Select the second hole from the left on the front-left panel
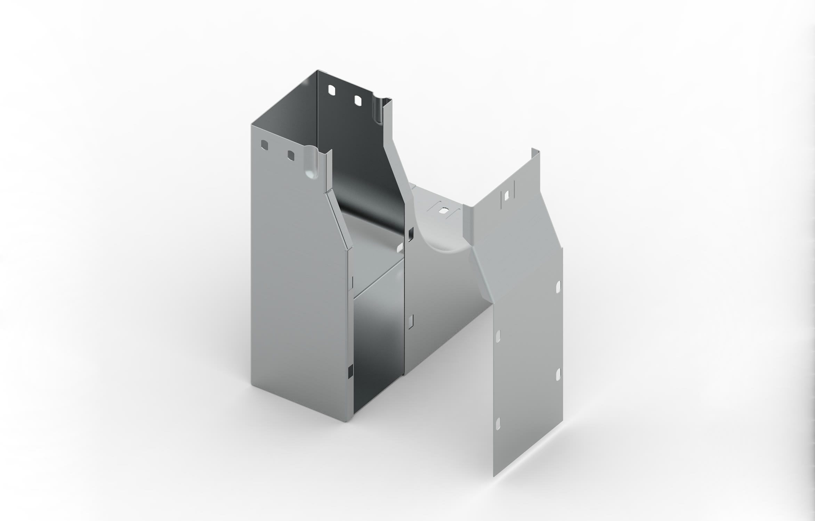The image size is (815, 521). (x=290, y=156)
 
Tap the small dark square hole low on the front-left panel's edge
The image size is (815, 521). (x=350, y=372)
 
